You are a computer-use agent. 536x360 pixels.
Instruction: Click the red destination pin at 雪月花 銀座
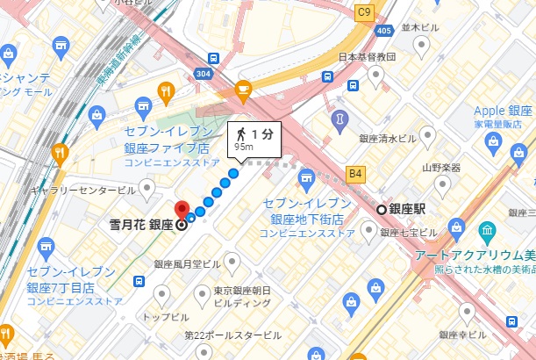182,211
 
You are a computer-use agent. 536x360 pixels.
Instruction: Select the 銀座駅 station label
407,209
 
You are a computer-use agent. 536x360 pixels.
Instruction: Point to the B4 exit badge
355,173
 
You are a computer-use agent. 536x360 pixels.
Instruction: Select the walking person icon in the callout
239,133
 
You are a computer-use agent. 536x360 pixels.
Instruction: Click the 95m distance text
243,148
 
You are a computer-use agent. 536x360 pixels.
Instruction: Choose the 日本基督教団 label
368,57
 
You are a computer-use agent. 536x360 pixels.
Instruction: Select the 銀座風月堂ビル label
188,263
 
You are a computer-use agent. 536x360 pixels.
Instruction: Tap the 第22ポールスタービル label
233,335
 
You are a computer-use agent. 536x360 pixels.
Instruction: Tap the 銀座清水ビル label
387,138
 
